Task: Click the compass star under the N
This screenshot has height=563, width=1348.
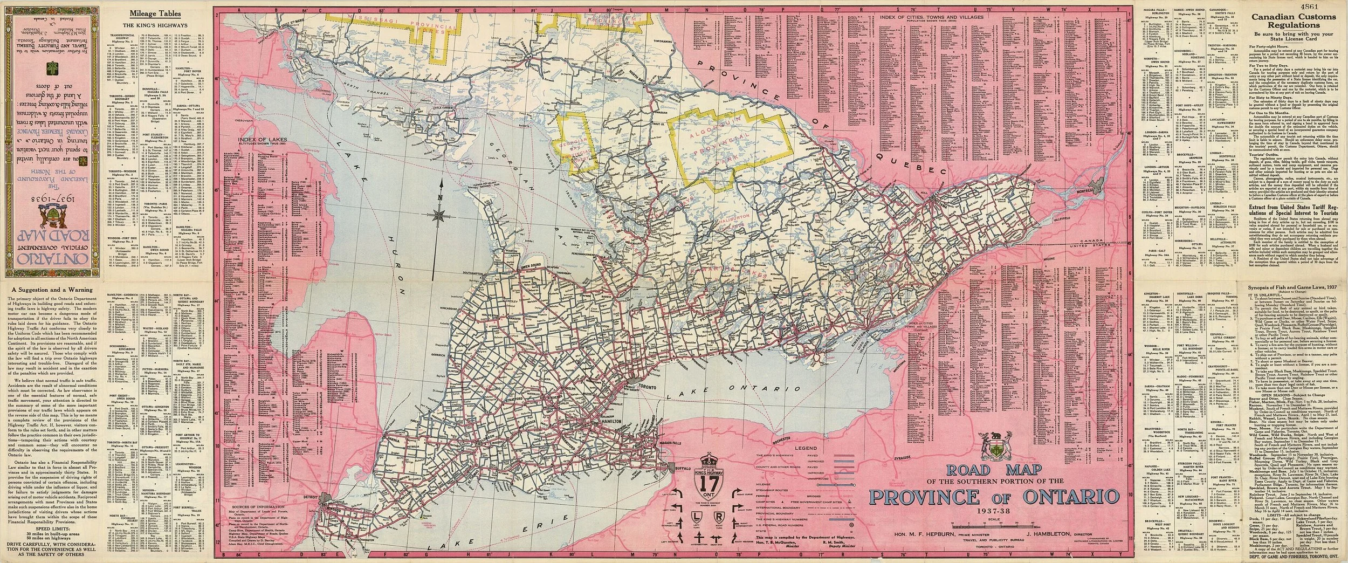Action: pyautogui.click(x=440, y=216)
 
